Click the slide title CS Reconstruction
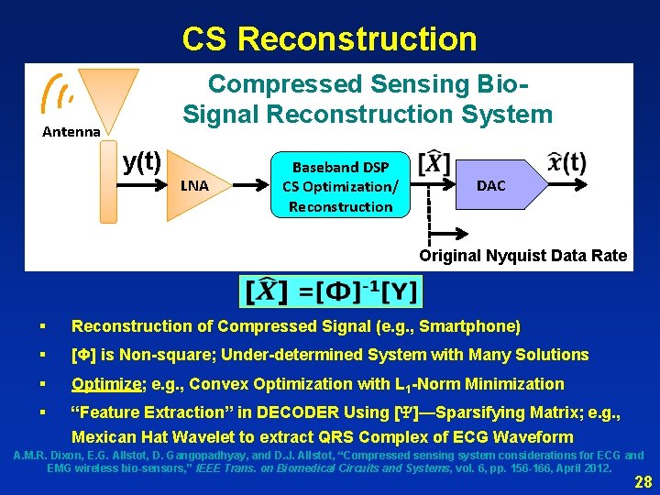click(x=329, y=38)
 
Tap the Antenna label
click(x=71, y=132)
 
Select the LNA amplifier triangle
click(x=192, y=185)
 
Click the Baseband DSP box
click(x=340, y=186)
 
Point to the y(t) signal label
click(x=142, y=162)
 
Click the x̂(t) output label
click(x=566, y=163)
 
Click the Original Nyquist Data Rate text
click(x=523, y=256)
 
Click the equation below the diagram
click(x=329, y=291)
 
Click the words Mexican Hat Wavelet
click(x=157, y=437)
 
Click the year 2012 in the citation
click(x=594, y=468)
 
